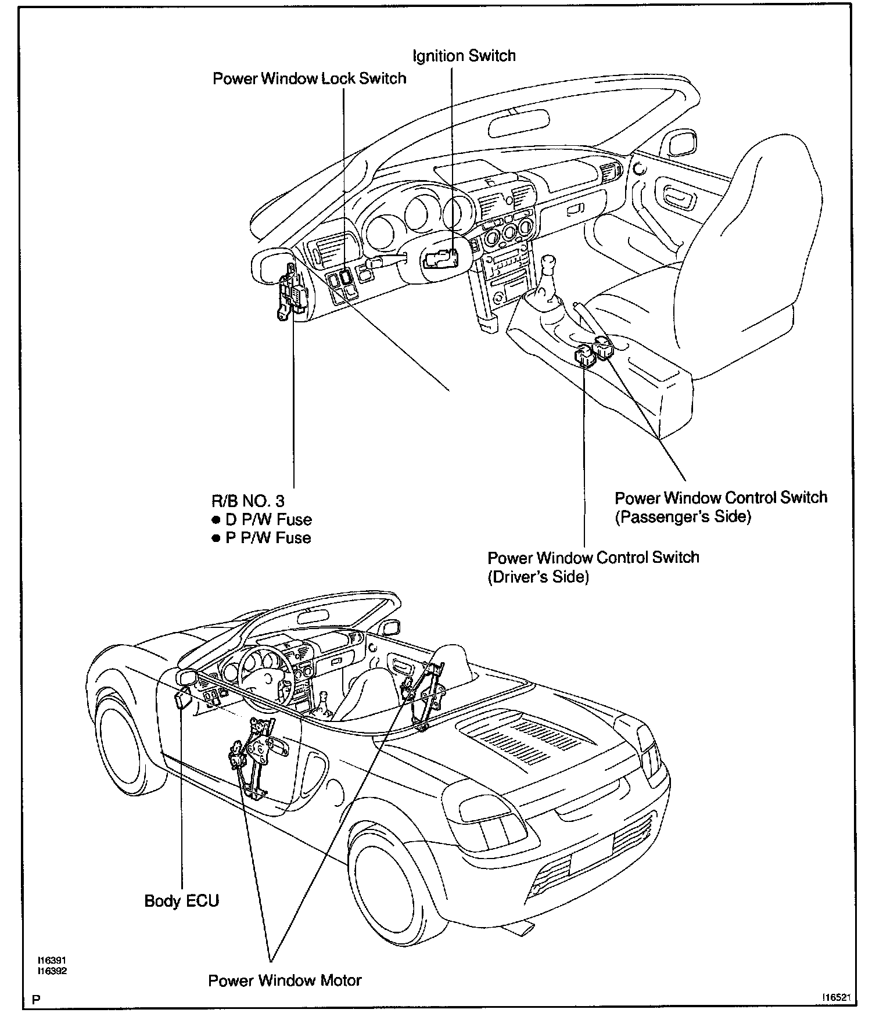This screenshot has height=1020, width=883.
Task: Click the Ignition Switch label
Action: coord(464,56)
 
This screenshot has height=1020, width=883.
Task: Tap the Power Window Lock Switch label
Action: coord(309,78)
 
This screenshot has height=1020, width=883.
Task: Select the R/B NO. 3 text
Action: coord(247,500)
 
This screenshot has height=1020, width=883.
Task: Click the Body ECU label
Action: coord(181,901)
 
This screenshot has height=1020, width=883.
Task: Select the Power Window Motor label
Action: coord(285,981)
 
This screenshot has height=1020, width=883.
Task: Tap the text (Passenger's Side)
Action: coord(683,516)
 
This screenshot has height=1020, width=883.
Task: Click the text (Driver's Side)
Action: coord(538,577)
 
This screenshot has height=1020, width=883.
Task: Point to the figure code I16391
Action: coord(52,961)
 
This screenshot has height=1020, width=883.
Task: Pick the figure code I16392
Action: coord(52,971)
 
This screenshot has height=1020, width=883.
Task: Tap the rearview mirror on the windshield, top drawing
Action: coord(518,124)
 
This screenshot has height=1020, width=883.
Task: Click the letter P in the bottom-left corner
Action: coord(36,1000)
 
